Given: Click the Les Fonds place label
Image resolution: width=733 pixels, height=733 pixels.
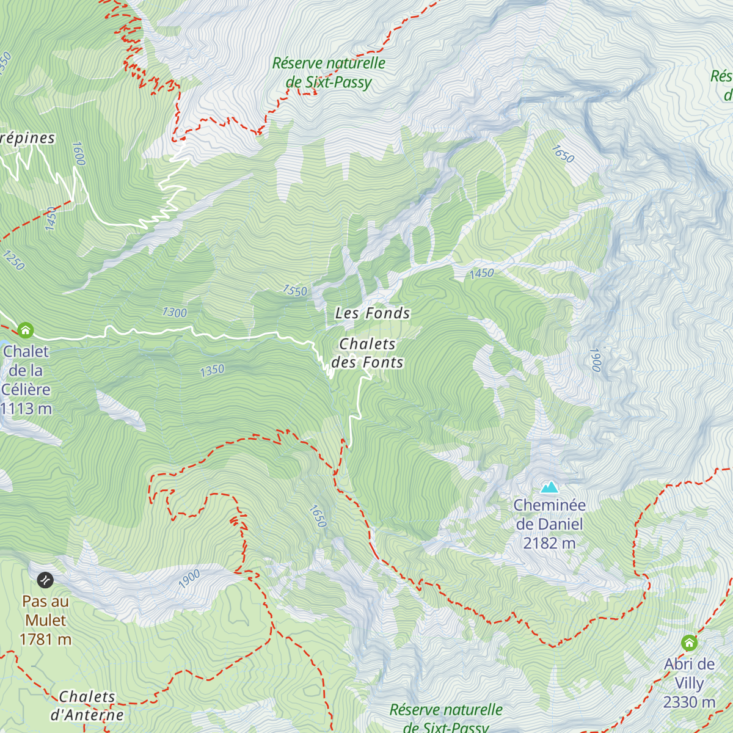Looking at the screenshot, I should tap(372, 313).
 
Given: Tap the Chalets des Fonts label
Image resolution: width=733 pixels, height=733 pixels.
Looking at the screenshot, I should tap(367, 353).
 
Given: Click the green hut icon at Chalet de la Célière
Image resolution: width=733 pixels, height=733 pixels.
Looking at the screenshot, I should tap(25, 330).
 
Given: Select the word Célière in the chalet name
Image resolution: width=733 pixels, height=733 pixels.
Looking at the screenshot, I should tap(26, 390).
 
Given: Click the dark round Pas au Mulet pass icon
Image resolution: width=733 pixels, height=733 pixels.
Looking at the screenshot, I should tap(45, 580).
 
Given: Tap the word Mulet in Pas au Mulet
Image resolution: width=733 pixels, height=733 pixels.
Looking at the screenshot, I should tap(46, 621).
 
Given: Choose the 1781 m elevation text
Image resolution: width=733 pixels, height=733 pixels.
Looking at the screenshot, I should tap(46, 640).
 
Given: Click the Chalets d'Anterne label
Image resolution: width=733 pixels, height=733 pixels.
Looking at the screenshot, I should tap(87, 706).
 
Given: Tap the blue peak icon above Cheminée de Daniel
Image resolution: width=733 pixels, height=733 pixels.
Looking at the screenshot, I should tap(550, 487).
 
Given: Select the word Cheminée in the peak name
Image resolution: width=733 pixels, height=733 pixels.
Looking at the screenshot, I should tap(549, 505).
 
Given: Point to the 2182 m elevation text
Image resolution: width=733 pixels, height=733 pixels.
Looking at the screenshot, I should tap(549, 543).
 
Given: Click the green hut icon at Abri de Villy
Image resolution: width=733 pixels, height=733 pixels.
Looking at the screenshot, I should tap(690, 643).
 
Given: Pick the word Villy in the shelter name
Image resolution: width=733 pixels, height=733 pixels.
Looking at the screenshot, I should tap(690, 683).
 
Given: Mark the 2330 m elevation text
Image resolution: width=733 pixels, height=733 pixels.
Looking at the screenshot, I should tap(690, 702).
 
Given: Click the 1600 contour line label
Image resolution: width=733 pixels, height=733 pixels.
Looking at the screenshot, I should tap(78, 153).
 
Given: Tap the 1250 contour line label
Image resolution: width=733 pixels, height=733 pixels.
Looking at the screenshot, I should tap(13, 260).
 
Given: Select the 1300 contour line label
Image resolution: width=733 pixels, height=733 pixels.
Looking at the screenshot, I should tap(174, 313).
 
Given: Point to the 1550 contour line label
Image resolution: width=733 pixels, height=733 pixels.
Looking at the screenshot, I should tap(294, 290).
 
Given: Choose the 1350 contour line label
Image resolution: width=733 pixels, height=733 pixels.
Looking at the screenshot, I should tap(212, 370).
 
